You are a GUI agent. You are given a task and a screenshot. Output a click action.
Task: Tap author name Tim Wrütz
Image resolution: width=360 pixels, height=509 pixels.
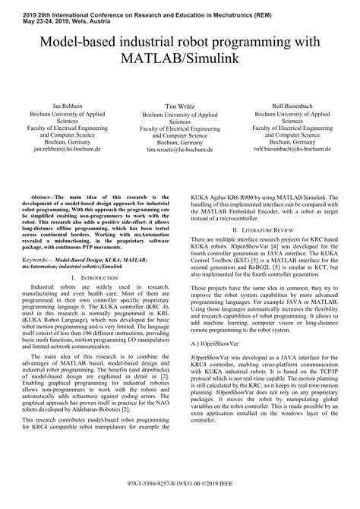(180, 107)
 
